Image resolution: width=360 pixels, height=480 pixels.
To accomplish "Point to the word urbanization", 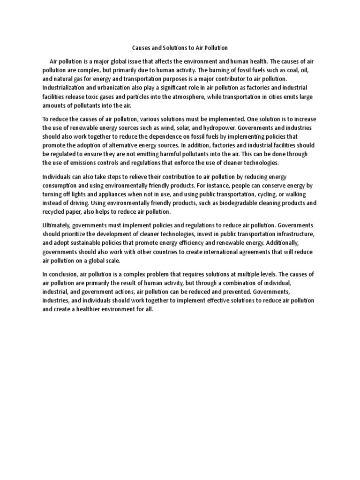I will click(114, 88).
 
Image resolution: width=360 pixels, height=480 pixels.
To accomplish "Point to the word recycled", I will click(55, 212).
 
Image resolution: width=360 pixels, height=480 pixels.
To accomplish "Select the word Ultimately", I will click(58, 225).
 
